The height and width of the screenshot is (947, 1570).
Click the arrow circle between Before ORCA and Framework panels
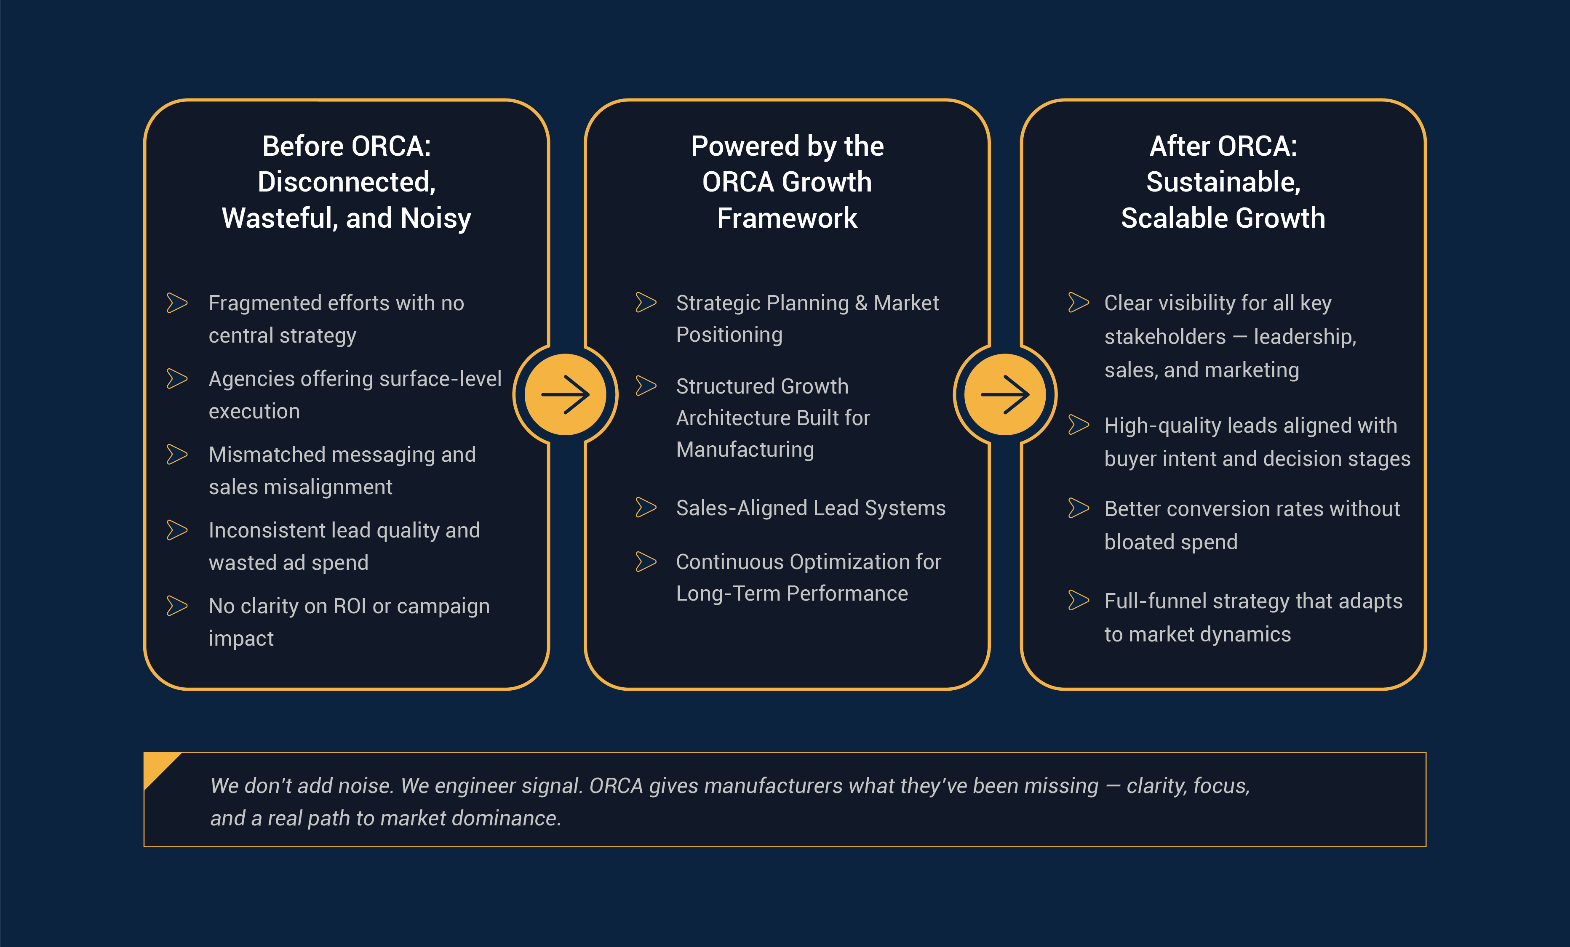tap(565, 394)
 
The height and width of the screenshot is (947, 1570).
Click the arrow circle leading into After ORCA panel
tap(1005, 394)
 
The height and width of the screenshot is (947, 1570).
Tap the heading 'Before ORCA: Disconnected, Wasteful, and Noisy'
tap(347, 182)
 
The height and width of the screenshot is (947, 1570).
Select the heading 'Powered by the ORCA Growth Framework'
tap(787, 182)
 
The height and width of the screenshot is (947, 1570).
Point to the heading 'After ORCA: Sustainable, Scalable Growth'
tap(1223, 182)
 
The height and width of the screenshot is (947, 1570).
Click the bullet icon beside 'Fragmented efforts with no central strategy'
tap(177, 303)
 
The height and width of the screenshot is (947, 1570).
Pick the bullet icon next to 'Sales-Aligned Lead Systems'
tap(646, 508)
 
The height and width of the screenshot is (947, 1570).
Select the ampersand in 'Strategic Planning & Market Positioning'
tap(861, 303)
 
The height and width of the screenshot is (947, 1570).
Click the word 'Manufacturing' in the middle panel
tap(745, 450)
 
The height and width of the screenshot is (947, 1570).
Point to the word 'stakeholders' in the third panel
tap(1165, 336)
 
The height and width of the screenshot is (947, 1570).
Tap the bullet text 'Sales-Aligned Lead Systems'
tap(811, 508)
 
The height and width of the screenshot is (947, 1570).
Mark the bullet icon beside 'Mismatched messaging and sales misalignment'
tap(177, 454)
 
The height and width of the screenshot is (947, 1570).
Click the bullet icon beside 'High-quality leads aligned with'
tap(1079, 424)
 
